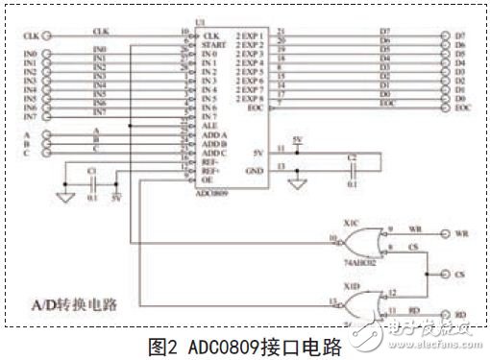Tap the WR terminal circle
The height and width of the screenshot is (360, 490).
(x=445, y=233)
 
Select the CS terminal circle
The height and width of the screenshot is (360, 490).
(x=445, y=276)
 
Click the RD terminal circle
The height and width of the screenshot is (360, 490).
(x=445, y=313)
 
